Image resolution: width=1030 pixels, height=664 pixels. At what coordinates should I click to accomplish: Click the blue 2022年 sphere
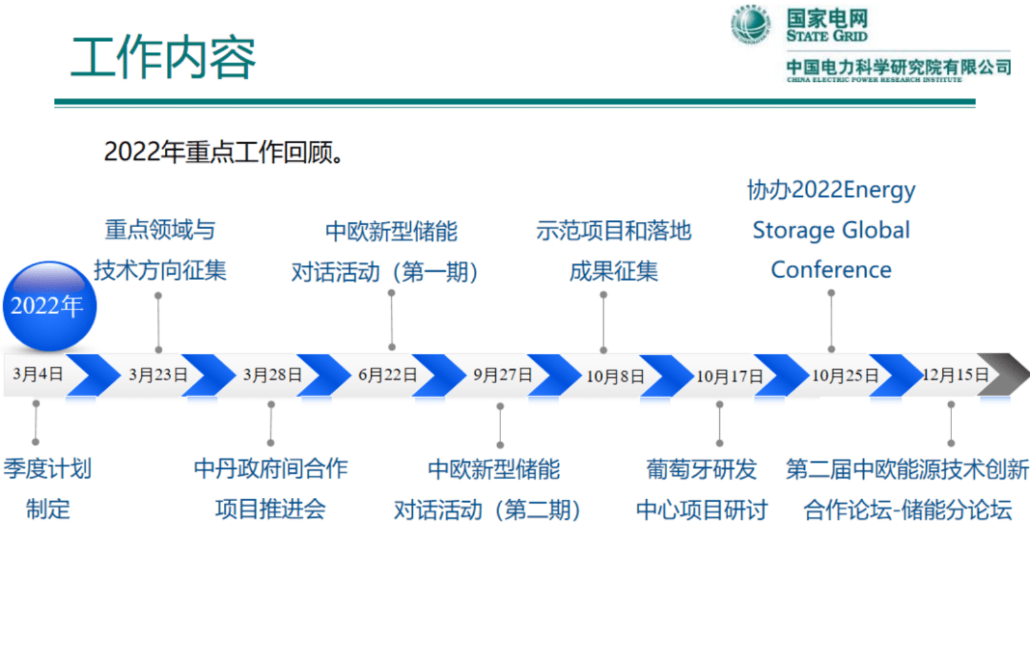pos(49,306)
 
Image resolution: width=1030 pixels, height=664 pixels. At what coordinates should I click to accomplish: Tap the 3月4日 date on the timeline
pos(38,374)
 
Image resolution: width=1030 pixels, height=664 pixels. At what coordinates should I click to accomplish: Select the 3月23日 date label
pos(158,375)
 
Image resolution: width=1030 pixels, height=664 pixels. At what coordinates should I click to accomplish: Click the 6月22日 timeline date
pos(387,375)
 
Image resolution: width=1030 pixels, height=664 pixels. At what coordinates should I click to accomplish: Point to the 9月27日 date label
pos(502,375)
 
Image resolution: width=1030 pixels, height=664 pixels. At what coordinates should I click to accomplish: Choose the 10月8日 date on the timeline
pos(615,376)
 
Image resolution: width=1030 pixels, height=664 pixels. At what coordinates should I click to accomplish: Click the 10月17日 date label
pos(730,376)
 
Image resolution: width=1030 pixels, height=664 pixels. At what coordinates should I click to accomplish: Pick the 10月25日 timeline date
pos(845,376)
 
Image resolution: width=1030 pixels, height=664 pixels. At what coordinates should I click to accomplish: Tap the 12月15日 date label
pos(955,375)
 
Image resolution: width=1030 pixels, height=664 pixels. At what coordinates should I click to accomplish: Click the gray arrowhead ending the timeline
pos(1003,374)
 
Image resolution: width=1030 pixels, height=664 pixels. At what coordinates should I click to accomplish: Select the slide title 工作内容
pos(164,58)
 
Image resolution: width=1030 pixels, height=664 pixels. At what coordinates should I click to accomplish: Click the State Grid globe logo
pos(751,25)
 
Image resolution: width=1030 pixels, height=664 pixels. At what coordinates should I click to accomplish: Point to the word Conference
pos(831,270)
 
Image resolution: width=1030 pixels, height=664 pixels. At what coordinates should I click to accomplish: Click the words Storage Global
pos(831,230)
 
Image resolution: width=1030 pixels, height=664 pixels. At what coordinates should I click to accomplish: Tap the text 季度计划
pos(47,469)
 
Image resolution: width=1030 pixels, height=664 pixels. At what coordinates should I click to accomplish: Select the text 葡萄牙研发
pos(702,469)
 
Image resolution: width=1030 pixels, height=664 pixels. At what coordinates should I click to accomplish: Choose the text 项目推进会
pos(271,510)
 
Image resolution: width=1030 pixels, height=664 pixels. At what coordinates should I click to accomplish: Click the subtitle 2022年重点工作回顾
pos(224,153)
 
